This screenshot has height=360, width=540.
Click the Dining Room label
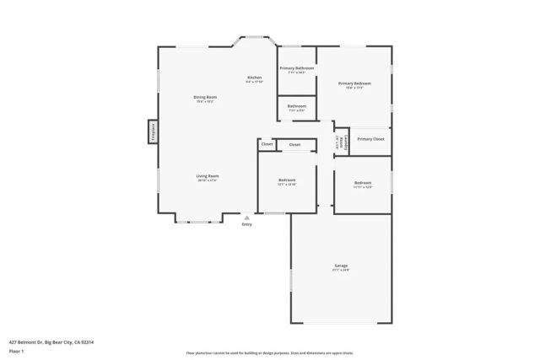(207, 98)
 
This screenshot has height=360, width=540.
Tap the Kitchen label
(254, 78)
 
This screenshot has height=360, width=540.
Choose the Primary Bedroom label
(354, 84)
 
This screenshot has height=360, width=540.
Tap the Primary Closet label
(370, 139)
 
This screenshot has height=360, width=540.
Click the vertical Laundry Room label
(340, 142)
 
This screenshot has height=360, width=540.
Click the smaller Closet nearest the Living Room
(267, 144)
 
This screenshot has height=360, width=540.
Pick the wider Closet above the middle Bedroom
(294, 145)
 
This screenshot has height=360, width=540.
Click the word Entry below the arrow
(246, 224)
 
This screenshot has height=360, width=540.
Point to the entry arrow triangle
(246, 217)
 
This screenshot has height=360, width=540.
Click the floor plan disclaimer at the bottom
(269, 354)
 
